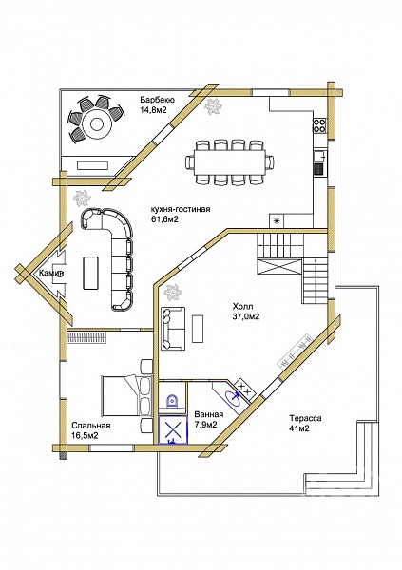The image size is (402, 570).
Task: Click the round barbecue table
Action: (x=96, y=124)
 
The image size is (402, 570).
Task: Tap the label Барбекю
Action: (x=158, y=100)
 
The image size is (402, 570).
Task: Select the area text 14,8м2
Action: (x=153, y=110)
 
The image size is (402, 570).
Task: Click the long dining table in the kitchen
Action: (x=229, y=161)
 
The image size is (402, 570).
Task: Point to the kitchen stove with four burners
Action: (x=319, y=125)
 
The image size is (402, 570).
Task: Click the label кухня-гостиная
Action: (x=180, y=209)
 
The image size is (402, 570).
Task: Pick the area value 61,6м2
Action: (x=164, y=219)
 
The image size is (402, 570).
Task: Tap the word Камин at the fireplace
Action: (x=51, y=273)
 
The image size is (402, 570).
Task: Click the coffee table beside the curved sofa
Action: (x=90, y=273)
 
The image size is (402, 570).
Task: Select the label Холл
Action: (x=242, y=306)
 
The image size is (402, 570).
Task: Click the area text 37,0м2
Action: (x=246, y=316)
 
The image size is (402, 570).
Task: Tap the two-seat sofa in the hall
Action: (x=172, y=329)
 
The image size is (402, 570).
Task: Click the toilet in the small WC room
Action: (x=172, y=401)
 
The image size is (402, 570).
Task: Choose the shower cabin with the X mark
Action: (x=173, y=430)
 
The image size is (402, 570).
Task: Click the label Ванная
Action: (x=209, y=414)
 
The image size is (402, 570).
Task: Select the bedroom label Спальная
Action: (x=91, y=426)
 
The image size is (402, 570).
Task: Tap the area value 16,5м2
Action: (x=85, y=435)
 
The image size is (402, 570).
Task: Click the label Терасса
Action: (x=305, y=418)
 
